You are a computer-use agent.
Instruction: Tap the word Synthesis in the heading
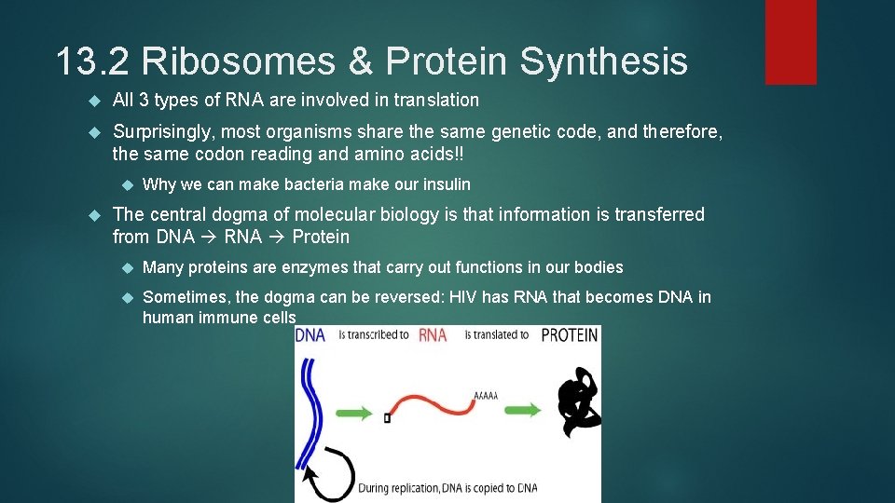(x=603, y=62)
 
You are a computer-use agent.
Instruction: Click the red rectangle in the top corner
(x=791, y=42)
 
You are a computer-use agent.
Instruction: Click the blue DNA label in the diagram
(x=310, y=334)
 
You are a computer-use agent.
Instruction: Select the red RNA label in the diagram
(x=433, y=334)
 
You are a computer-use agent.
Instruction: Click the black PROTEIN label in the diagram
(x=569, y=334)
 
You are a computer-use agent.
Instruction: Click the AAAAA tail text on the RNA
(x=486, y=396)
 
